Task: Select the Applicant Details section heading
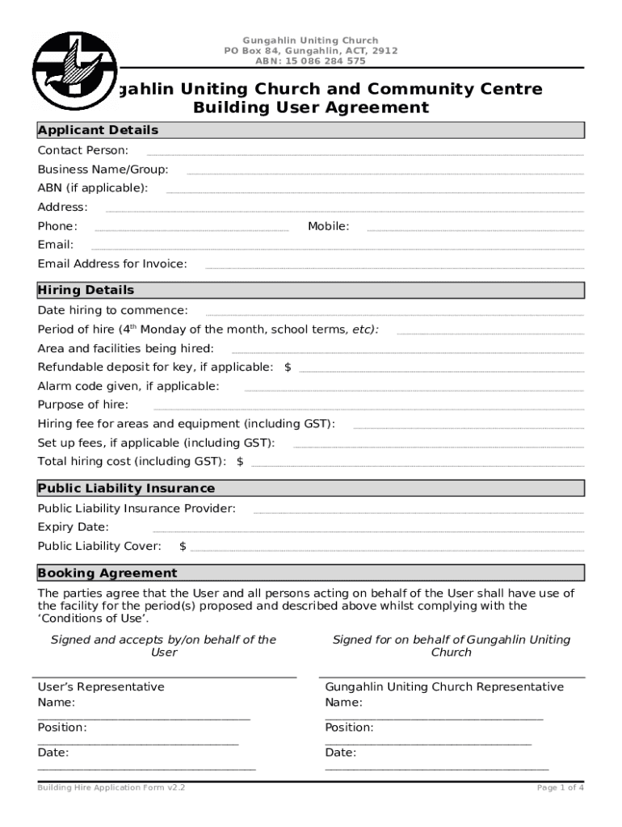click(x=98, y=130)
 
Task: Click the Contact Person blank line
click(x=364, y=153)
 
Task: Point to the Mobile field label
click(x=328, y=226)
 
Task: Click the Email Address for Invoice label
click(x=111, y=263)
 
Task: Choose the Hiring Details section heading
click(x=86, y=290)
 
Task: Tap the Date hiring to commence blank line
click(x=394, y=313)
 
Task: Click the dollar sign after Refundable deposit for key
click(x=288, y=367)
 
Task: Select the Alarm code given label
click(x=128, y=386)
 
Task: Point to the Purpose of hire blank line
click(x=368, y=409)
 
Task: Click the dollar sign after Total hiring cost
click(x=240, y=462)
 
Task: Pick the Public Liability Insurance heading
click(x=126, y=488)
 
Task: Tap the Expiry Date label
click(x=73, y=527)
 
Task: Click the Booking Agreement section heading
click(x=107, y=573)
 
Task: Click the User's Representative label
click(x=101, y=687)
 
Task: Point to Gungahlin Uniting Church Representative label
click(x=444, y=687)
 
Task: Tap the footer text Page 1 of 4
click(x=560, y=787)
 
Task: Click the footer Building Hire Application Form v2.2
click(x=111, y=787)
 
